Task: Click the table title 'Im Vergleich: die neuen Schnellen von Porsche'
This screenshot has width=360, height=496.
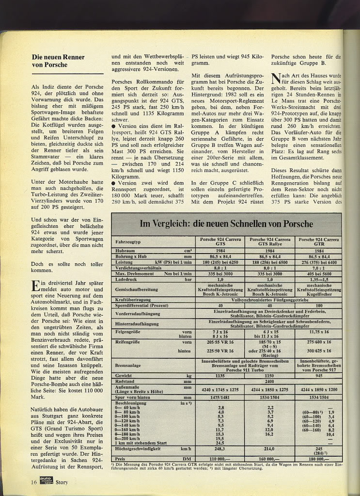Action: coord(227,224)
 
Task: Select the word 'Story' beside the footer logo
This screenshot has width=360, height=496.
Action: coord(62,482)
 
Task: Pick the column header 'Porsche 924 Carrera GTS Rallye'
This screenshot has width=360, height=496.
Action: coord(268,242)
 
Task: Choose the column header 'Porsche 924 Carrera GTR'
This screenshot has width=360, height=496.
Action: coord(318,242)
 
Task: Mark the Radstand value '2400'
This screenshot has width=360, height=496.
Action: coord(269,382)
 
